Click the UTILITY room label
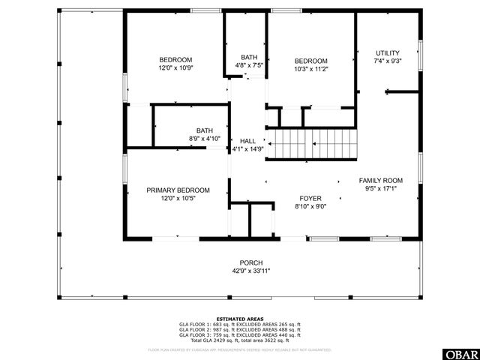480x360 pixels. click(x=388, y=53)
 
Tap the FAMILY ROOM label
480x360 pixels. click(x=380, y=181)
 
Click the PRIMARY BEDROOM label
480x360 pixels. click(x=178, y=190)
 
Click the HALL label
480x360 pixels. click(x=247, y=141)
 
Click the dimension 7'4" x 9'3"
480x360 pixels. click(x=388, y=61)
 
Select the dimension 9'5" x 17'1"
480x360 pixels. click(x=380, y=189)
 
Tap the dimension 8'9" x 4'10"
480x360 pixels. click(x=204, y=139)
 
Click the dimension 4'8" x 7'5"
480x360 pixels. click(x=249, y=65)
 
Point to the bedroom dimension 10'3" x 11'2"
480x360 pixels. click(x=310, y=69)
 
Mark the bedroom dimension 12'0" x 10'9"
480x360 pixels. click(x=175, y=68)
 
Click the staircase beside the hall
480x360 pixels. click(x=313, y=143)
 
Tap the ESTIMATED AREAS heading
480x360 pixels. click(x=240, y=319)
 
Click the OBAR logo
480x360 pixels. click(x=463, y=352)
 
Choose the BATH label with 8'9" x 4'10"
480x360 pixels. click(x=204, y=130)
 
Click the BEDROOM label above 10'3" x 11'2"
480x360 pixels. click(x=310, y=61)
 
